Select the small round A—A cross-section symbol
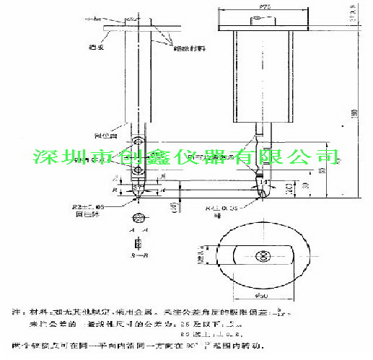click(x=138, y=218)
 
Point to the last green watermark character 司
click(x=324, y=157)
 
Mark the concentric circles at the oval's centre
click(x=263, y=256)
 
